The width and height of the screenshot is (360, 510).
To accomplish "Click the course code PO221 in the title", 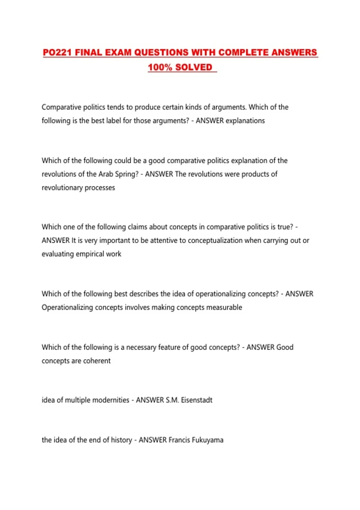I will (57, 52).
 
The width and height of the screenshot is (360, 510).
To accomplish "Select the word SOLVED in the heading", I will (193, 67).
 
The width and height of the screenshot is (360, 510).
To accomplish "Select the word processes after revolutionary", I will (100, 188).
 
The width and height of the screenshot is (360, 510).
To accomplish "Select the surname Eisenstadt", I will (196, 400).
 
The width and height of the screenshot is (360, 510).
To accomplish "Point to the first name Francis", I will (179, 440).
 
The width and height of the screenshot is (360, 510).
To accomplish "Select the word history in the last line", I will (121, 440).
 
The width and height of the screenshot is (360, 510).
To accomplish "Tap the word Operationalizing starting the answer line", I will (67, 307).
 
